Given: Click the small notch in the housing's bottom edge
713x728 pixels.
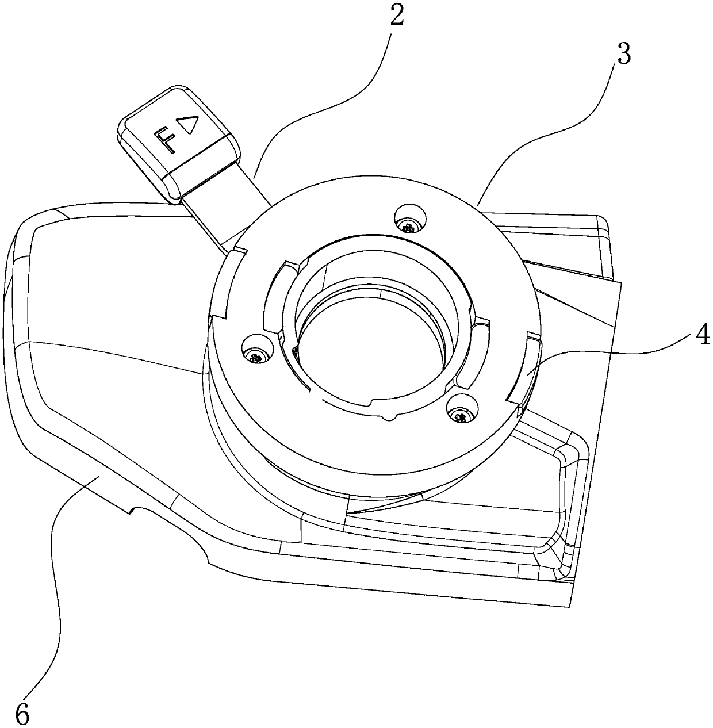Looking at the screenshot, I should click(x=133, y=509).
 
